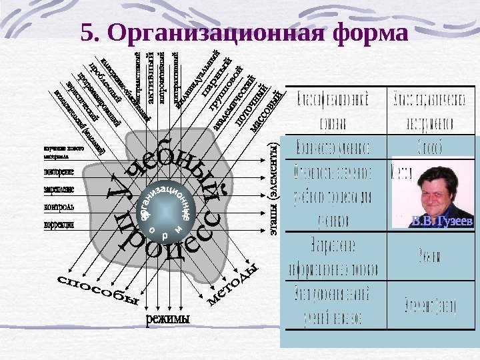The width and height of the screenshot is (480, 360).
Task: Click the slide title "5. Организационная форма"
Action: (243, 33)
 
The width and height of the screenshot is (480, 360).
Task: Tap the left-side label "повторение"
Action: (58, 171)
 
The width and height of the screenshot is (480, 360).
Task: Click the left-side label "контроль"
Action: (59, 207)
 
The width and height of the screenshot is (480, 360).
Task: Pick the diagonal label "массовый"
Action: (271, 111)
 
